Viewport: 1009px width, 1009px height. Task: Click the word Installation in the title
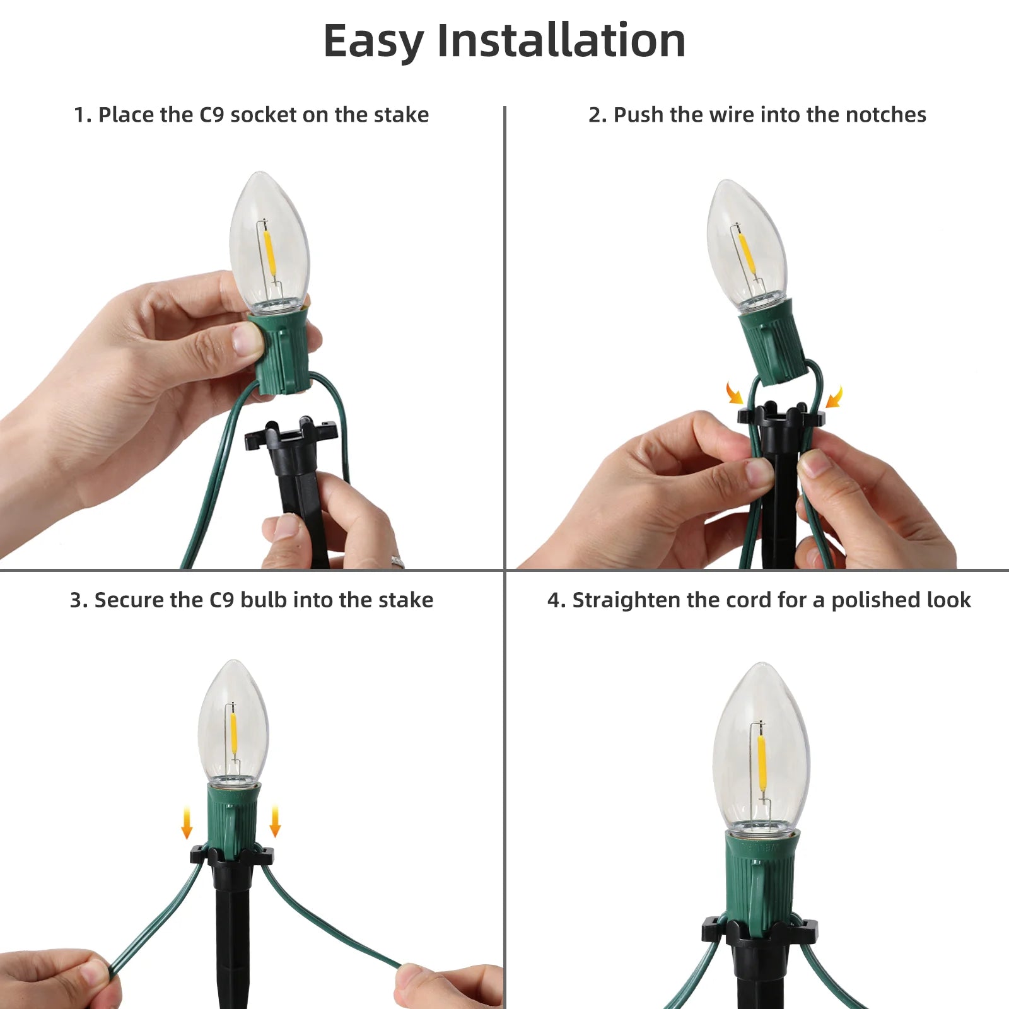point(561,40)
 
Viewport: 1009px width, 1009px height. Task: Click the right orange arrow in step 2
point(834,397)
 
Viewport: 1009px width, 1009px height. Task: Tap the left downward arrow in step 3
point(187,823)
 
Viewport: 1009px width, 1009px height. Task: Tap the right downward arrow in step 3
point(275,820)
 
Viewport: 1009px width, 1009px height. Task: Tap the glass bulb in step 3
point(233,721)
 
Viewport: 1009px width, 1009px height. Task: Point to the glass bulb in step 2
point(746,243)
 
